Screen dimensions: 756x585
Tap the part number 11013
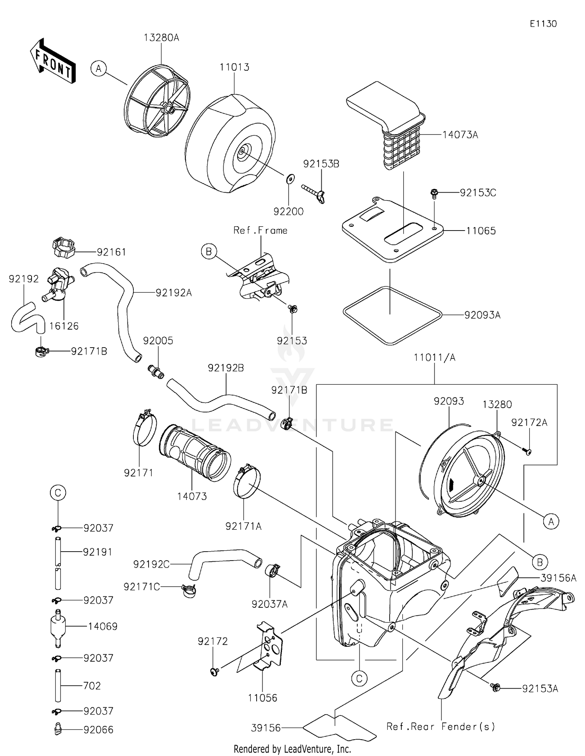click(234, 67)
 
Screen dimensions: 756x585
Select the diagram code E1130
click(543, 24)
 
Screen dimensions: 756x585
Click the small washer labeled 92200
click(289, 179)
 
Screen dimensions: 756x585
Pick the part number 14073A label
click(460, 135)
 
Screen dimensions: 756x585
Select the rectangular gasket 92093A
click(392, 315)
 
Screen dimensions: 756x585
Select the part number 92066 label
click(98, 730)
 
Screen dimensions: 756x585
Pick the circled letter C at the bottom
click(359, 678)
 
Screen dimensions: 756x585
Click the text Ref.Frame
click(260, 231)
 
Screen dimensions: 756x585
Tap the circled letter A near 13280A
click(99, 69)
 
